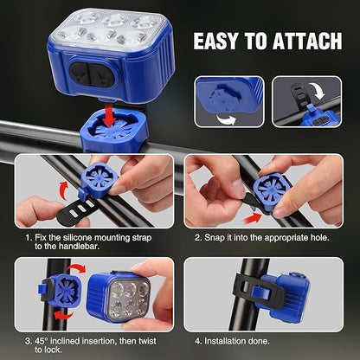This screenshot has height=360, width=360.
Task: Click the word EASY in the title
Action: pyautogui.click(x=220, y=42)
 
